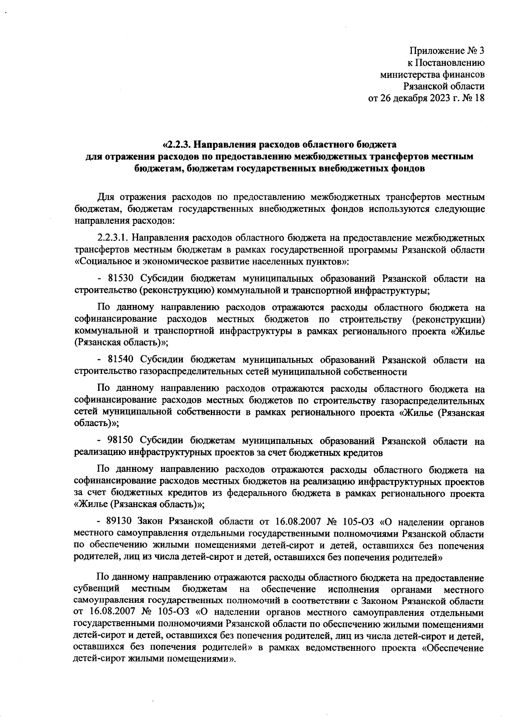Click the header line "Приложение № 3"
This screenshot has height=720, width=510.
447,51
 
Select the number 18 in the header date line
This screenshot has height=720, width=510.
479,99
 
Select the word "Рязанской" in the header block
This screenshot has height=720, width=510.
423,87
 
